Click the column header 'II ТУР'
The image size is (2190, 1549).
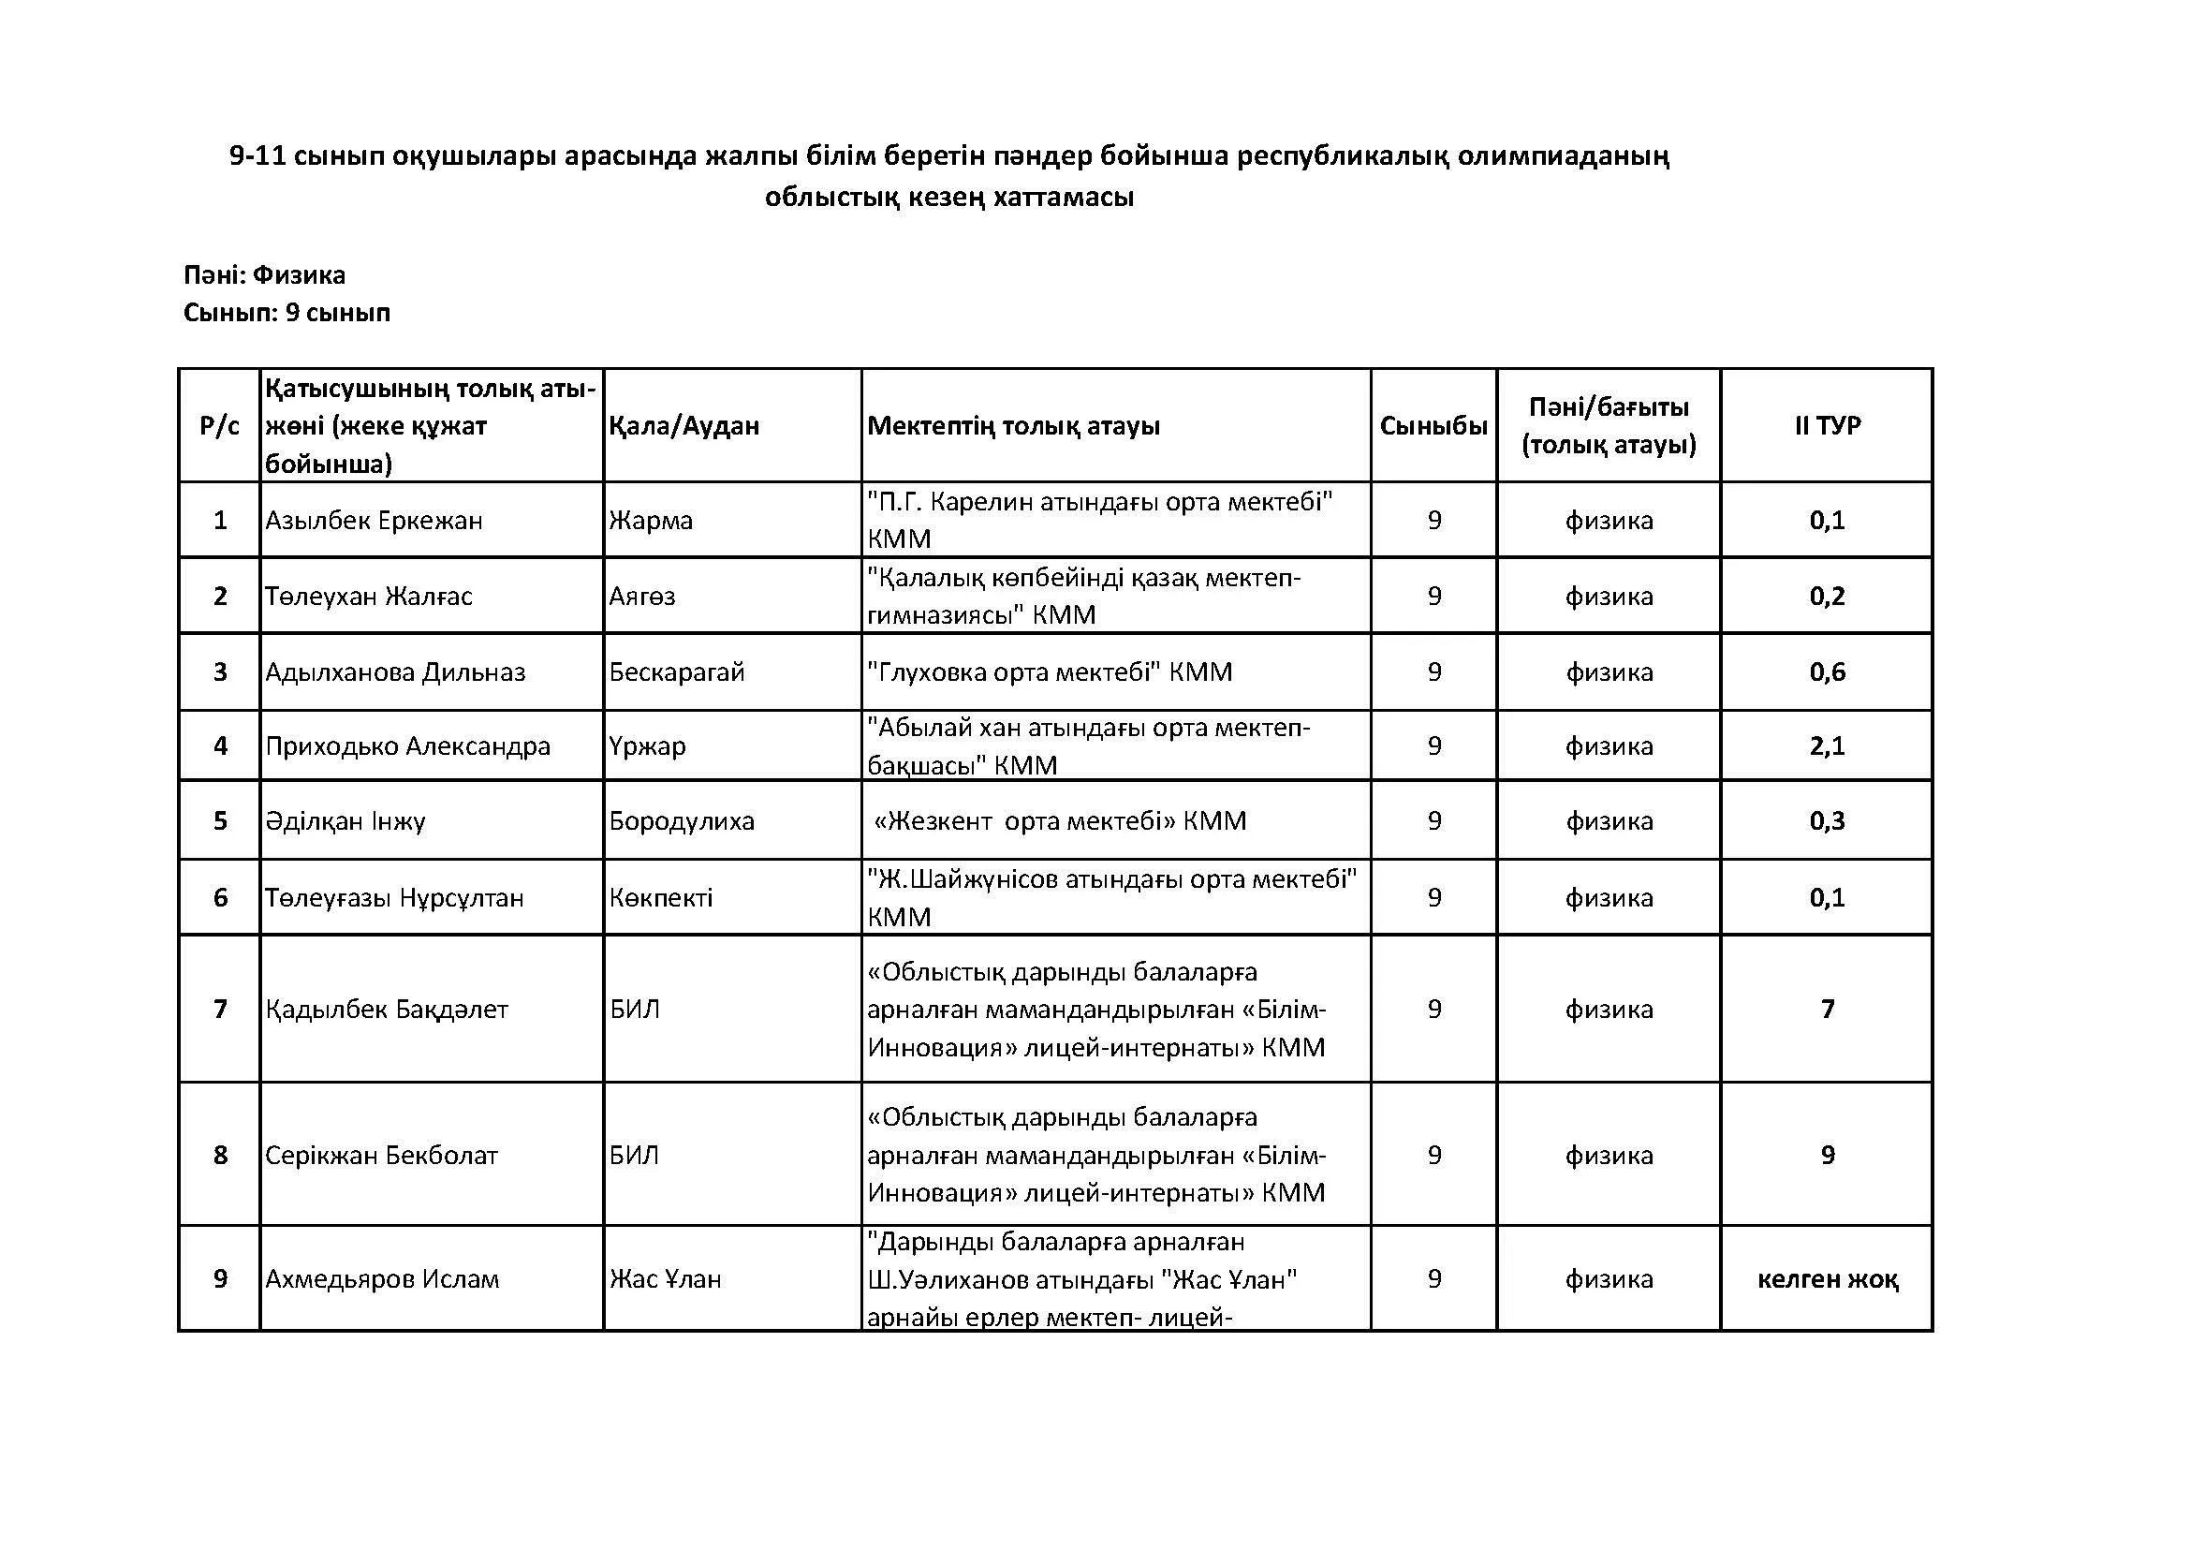(x=1827, y=425)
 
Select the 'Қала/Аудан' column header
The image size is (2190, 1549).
(x=683, y=425)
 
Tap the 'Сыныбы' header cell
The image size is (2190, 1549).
(x=1433, y=425)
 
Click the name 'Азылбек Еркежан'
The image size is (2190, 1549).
(x=374, y=521)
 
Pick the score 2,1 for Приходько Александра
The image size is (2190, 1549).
(x=1827, y=745)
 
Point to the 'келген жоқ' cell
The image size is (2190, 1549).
(x=1827, y=1279)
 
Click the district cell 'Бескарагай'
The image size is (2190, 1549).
(x=676, y=672)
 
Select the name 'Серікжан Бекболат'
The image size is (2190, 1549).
(x=381, y=1156)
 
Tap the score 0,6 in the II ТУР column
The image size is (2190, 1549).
(x=1827, y=672)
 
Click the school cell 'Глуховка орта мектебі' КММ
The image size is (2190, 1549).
(x=1050, y=672)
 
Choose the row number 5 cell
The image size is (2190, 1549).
(x=220, y=821)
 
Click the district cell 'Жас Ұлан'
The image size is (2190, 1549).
(x=665, y=1279)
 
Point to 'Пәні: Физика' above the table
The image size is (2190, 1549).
(x=264, y=275)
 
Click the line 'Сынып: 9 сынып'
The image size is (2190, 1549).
(x=287, y=313)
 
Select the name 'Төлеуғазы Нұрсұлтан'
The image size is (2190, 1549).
(x=394, y=897)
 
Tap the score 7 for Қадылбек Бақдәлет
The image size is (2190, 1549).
(x=1827, y=1010)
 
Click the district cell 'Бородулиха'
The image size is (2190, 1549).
(x=681, y=821)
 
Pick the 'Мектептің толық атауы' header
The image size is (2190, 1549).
(x=1013, y=425)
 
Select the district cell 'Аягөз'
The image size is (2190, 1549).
(x=642, y=597)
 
